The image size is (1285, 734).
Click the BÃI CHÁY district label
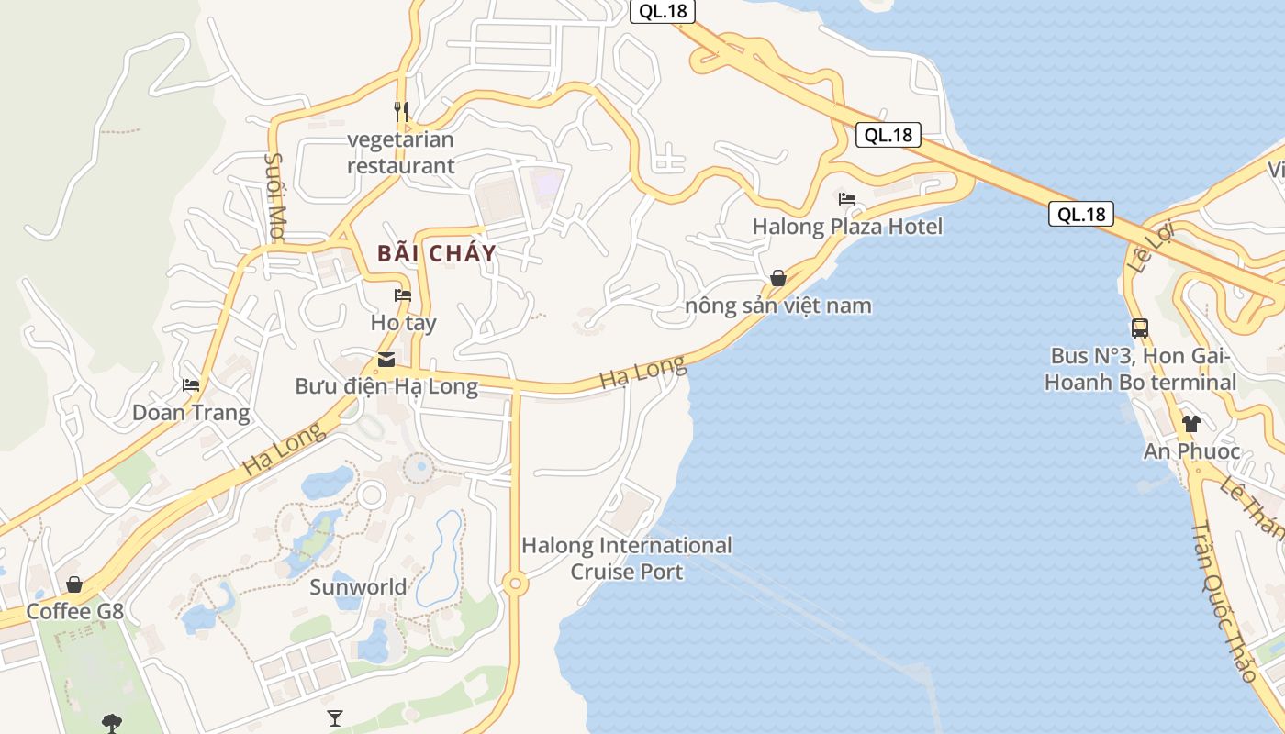click(x=437, y=253)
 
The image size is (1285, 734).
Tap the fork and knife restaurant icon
click(x=401, y=112)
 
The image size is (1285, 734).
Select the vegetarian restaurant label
click(x=401, y=153)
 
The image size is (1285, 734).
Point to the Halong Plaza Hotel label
click(x=847, y=226)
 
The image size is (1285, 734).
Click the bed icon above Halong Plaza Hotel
click(x=847, y=198)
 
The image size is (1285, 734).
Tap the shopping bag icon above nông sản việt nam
click(x=778, y=278)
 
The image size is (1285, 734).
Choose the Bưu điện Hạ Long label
click(x=386, y=386)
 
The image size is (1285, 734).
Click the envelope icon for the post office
click(x=386, y=359)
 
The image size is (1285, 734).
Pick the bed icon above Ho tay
click(x=403, y=295)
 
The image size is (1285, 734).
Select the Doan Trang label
click(x=191, y=413)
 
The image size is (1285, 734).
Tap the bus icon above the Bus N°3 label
click(x=1140, y=328)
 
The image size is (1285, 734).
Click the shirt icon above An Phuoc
click(x=1191, y=424)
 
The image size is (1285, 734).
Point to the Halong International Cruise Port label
click(x=627, y=559)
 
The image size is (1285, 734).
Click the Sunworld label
click(x=358, y=587)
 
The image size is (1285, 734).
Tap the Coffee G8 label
click(x=74, y=611)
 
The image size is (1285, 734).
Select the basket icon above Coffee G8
click(x=74, y=584)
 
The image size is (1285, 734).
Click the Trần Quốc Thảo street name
click(x=1224, y=603)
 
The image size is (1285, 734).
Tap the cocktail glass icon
click(x=335, y=717)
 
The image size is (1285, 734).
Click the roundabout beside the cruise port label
click(x=515, y=583)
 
